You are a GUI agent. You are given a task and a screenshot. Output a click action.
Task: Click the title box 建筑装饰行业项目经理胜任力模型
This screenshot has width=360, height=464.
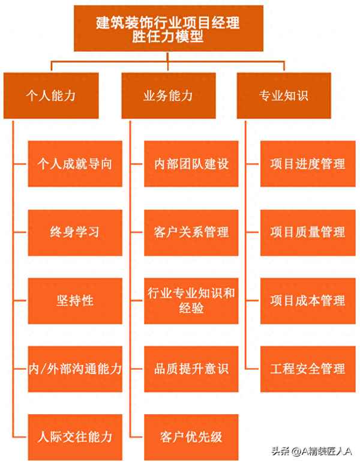pos(168,28)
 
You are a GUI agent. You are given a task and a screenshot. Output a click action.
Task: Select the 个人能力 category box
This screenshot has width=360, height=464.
pos(50,95)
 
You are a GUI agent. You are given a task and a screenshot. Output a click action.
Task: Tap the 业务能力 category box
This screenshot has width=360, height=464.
pos(168,95)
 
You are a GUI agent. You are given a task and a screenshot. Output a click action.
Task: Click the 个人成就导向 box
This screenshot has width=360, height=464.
pos(75,164)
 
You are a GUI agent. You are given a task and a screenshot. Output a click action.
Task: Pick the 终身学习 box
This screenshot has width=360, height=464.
pos(75,232)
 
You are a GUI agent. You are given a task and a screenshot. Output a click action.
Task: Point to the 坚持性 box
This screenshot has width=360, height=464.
pos(75,300)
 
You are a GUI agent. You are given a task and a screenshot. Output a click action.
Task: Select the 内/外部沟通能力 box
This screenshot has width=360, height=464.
pos(75,369)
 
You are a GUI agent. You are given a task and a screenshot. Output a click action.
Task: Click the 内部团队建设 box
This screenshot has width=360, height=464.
pos(191,164)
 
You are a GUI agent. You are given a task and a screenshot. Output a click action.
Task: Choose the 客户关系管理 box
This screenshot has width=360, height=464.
pos(191,232)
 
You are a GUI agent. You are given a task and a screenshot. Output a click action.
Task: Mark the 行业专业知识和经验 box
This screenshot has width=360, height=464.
pos(191,300)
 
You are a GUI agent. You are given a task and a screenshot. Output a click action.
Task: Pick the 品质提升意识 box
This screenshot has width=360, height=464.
pos(191,369)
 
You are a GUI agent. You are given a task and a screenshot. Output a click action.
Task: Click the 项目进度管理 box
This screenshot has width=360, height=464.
pos(308,164)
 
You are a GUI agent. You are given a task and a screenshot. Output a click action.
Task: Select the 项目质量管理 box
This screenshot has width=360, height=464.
pos(308,232)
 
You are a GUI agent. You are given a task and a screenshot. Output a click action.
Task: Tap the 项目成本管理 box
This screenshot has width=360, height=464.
pos(308,300)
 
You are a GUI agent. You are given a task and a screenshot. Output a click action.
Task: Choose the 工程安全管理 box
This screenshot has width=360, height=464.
pos(308,369)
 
